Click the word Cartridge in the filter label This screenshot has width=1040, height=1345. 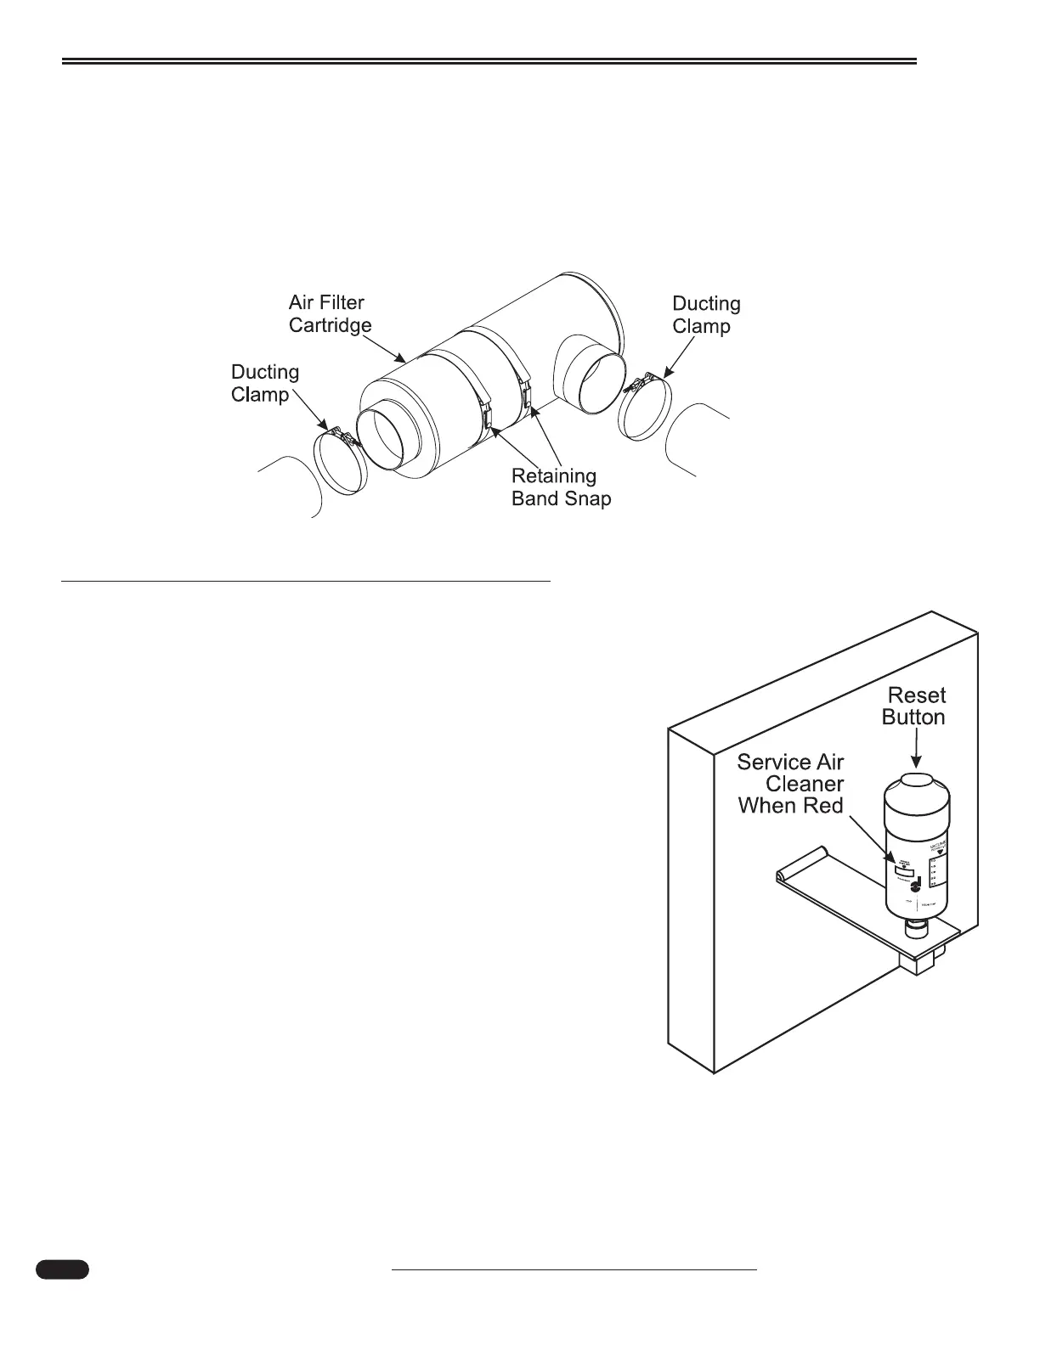coord(330,325)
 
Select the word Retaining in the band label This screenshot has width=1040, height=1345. coord(554,476)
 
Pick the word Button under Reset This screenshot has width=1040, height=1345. coord(913,718)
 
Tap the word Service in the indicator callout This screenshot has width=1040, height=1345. coord(768,762)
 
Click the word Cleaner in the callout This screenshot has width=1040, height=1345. coord(805,784)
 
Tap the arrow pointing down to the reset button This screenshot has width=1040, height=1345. coord(914,751)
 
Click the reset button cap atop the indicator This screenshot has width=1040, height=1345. coord(915,781)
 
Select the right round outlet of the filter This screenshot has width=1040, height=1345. coord(592,381)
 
